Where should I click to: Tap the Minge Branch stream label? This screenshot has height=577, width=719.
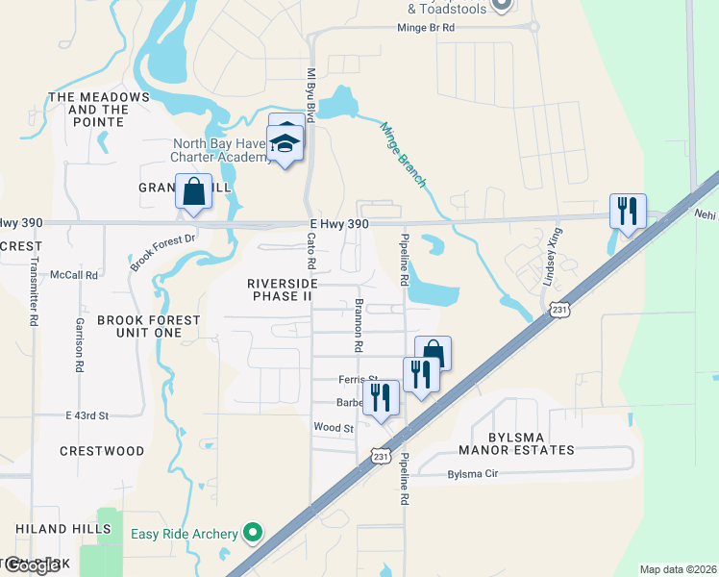(404, 154)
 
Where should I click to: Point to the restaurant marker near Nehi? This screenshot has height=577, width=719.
(628, 211)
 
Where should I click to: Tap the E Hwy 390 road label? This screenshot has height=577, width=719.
(339, 223)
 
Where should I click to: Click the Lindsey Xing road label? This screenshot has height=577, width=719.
(551, 261)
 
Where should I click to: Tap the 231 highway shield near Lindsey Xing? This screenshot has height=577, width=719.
(561, 310)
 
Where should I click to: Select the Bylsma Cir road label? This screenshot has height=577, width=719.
(474, 474)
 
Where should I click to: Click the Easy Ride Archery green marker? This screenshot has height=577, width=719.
(254, 531)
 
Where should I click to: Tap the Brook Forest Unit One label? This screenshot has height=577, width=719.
(136, 326)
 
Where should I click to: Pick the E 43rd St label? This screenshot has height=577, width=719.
(87, 415)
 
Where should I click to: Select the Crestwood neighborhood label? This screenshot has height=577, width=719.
(102, 450)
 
